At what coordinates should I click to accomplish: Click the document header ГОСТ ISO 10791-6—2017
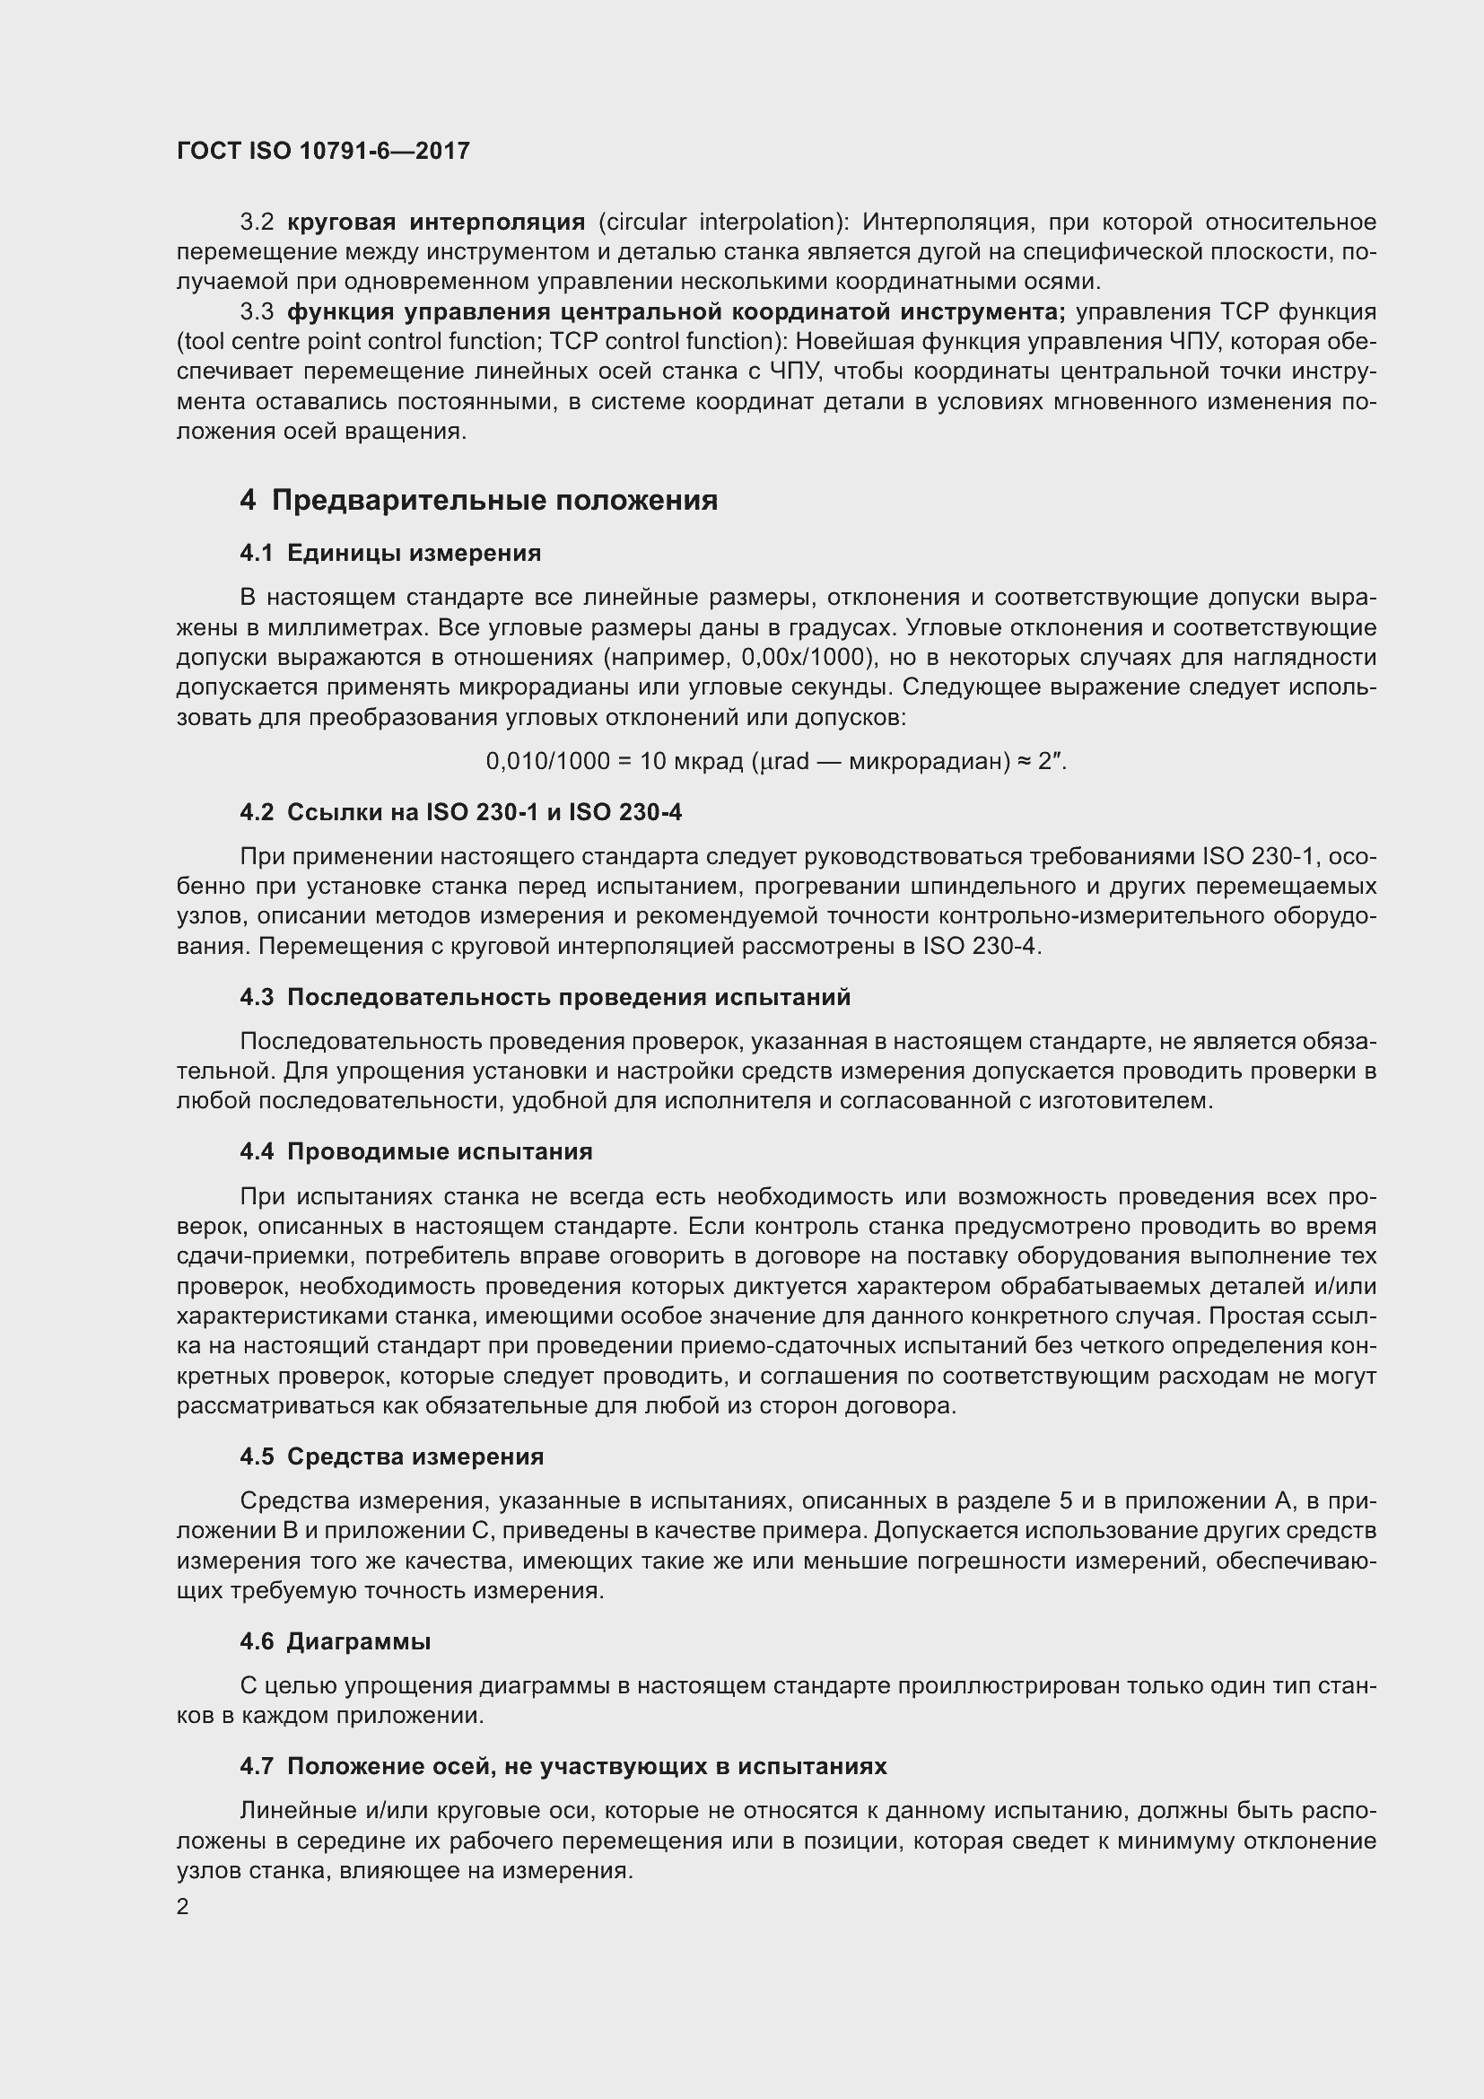pos(323,151)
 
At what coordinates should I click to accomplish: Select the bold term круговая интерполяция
pos(436,223)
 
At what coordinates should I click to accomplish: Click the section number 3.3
pos(257,311)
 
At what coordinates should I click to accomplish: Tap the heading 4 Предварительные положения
pos(478,500)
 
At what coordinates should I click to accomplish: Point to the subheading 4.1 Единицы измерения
pos(390,553)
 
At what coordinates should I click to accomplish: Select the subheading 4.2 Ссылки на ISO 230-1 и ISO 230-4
pos(460,812)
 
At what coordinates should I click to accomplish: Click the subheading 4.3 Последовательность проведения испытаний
pos(545,997)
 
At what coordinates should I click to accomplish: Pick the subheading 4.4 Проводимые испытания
pos(415,1152)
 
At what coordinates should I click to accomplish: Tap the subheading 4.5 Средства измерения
pos(391,1457)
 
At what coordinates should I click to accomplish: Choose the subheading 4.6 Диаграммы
pos(336,1642)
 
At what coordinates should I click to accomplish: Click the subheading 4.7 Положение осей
pos(563,1766)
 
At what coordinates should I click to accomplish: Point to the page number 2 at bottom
pos(183,1908)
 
